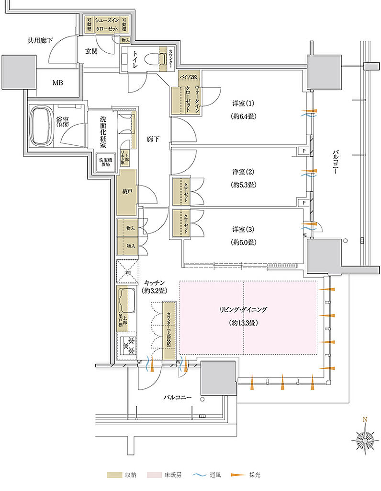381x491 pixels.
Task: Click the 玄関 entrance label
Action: pyautogui.click(x=91, y=51)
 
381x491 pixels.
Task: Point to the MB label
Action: pyautogui.click(x=57, y=82)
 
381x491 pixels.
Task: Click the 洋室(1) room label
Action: pyautogui.click(x=243, y=103)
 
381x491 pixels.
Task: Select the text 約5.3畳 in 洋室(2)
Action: pyautogui.click(x=243, y=184)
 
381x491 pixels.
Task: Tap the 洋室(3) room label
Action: pyautogui.click(x=243, y=229)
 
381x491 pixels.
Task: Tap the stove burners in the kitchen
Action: pyautogui.click(x=128, y=344)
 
